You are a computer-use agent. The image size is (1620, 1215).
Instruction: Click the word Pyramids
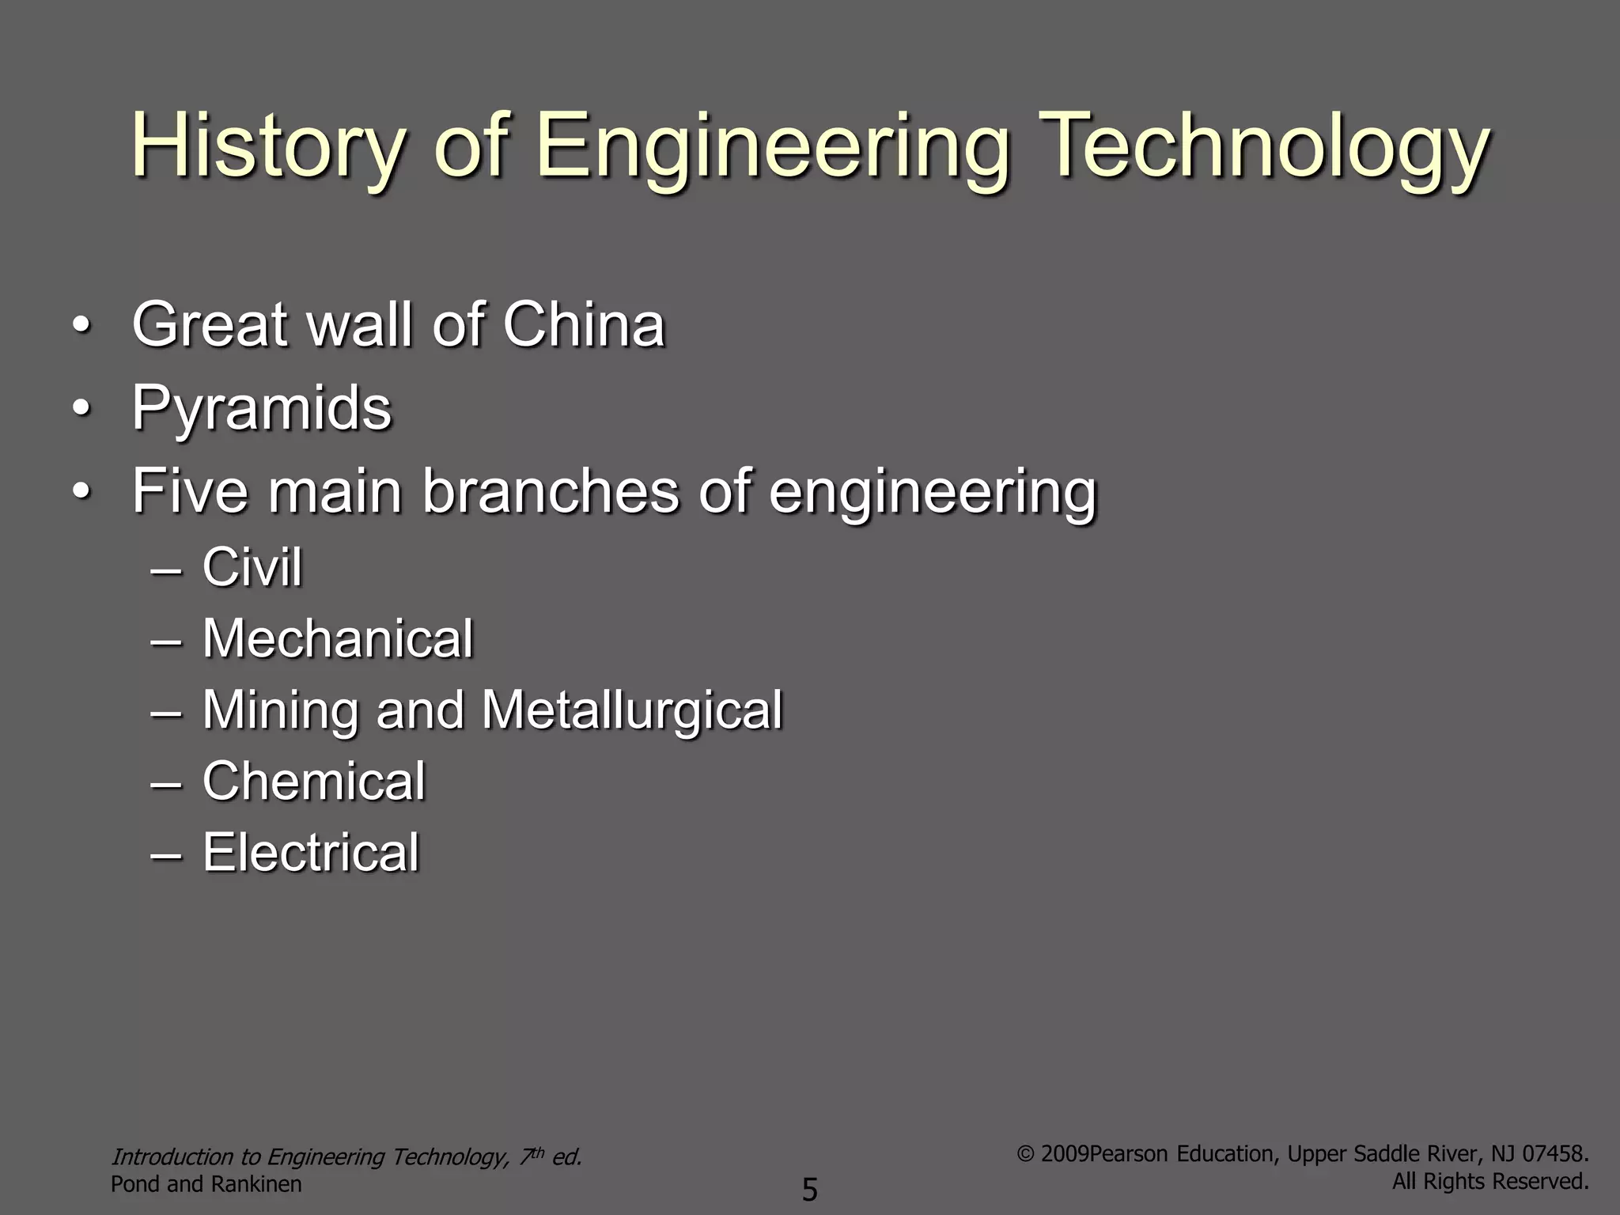(262, 409)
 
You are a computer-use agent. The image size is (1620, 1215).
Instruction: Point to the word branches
(551, 491)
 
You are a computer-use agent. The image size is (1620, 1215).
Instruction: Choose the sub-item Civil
(252, 567)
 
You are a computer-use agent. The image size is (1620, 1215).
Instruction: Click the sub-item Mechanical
(338, 638)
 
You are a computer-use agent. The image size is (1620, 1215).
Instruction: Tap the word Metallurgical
(632, 710)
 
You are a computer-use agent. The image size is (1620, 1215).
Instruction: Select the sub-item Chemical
(314, 781)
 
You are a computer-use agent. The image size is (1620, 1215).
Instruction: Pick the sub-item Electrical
(311, 852)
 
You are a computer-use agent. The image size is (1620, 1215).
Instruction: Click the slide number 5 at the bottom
(810, 1189)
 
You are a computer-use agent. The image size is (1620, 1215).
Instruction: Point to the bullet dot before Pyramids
(80, 409)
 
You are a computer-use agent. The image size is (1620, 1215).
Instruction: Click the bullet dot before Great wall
(80, 325)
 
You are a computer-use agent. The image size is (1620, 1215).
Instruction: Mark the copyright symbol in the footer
(1025, 1154)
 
